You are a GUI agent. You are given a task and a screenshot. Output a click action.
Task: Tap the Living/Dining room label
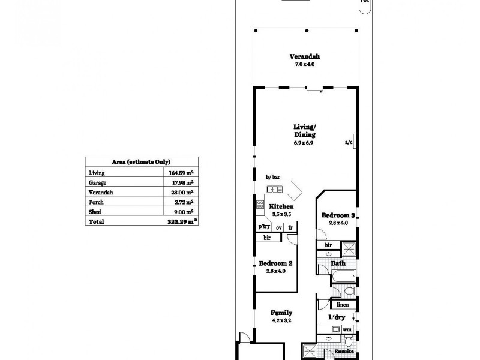click(x=304, y=131)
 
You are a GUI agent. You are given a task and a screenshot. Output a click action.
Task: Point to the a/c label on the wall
click(x=348, y=142)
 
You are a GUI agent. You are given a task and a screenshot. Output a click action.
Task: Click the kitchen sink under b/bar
click(x=275, y=190)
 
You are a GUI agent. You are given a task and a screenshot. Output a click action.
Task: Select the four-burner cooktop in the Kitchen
click(x=260, y=205)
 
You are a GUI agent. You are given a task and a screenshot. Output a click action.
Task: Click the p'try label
click(x=263, y=227)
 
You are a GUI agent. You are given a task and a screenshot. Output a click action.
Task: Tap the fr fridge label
click(x=290, y=227)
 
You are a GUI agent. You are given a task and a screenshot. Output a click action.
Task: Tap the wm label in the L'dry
click(x=346, y=329)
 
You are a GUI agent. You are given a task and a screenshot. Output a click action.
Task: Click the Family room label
click(x=281, y=313)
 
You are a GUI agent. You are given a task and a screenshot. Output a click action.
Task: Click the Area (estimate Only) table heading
click(x=142, y=162)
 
